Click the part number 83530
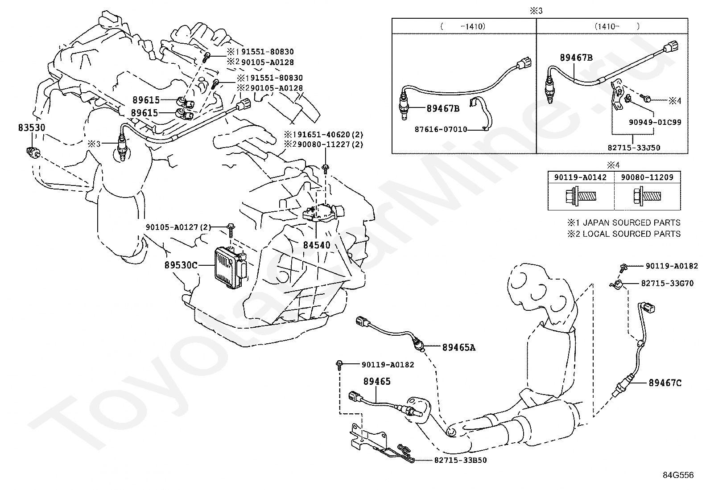click(32, 128)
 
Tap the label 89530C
click(181, 265)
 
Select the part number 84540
click(317, 245)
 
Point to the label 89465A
click(459, 348)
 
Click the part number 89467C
click(665, 383)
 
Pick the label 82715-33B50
click(461, 460)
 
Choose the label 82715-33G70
click(668, 283)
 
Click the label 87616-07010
click(441, 129)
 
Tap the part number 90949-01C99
click(655, 122)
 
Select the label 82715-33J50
click(634, 148)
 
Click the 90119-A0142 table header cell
click(581, 177)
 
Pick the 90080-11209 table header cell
click(647, 177)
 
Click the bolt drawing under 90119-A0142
click(580, 196)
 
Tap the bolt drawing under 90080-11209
click(647, 196)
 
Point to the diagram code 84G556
click(678, 475)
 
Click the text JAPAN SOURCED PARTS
click(632, 222)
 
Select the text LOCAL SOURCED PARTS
click(632, 234)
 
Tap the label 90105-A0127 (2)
click(178, 227)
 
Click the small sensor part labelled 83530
click(33, 153)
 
